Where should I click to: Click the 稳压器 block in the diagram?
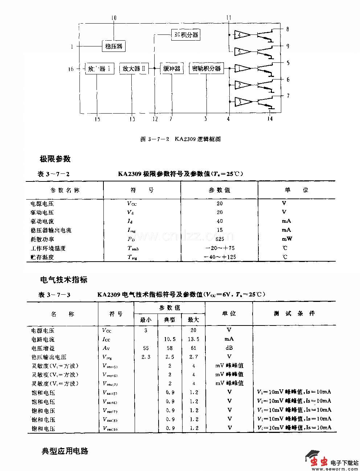114,46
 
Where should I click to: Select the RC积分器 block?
185,35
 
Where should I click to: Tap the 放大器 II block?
134,69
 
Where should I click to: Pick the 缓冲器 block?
172,69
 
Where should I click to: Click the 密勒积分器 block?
206,69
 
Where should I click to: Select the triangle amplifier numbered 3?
241,102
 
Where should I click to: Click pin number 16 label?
71,69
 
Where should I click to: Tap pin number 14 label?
270,119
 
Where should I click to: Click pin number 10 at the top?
114,18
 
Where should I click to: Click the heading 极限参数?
55,159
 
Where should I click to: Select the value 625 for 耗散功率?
220,239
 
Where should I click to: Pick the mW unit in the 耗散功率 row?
287,239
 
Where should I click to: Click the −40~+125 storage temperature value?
220,257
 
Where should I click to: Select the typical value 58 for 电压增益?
169,348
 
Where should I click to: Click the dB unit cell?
229,348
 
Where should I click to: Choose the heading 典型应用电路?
65,451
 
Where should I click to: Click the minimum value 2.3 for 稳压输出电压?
146,357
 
